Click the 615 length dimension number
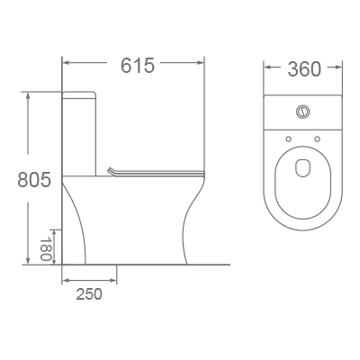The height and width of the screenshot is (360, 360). pos(137,66)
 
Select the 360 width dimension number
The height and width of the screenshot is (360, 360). pos(304,69)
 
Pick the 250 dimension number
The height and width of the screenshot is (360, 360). pos(88,293)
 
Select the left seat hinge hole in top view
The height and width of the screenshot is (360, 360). pos(288,138)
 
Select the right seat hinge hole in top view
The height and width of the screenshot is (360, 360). pos(319,138)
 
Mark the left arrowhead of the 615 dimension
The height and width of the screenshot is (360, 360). pos(66,63)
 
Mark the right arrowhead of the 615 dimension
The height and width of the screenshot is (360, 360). pos(202,63)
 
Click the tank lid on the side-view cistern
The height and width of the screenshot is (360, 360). pos(78,93)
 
